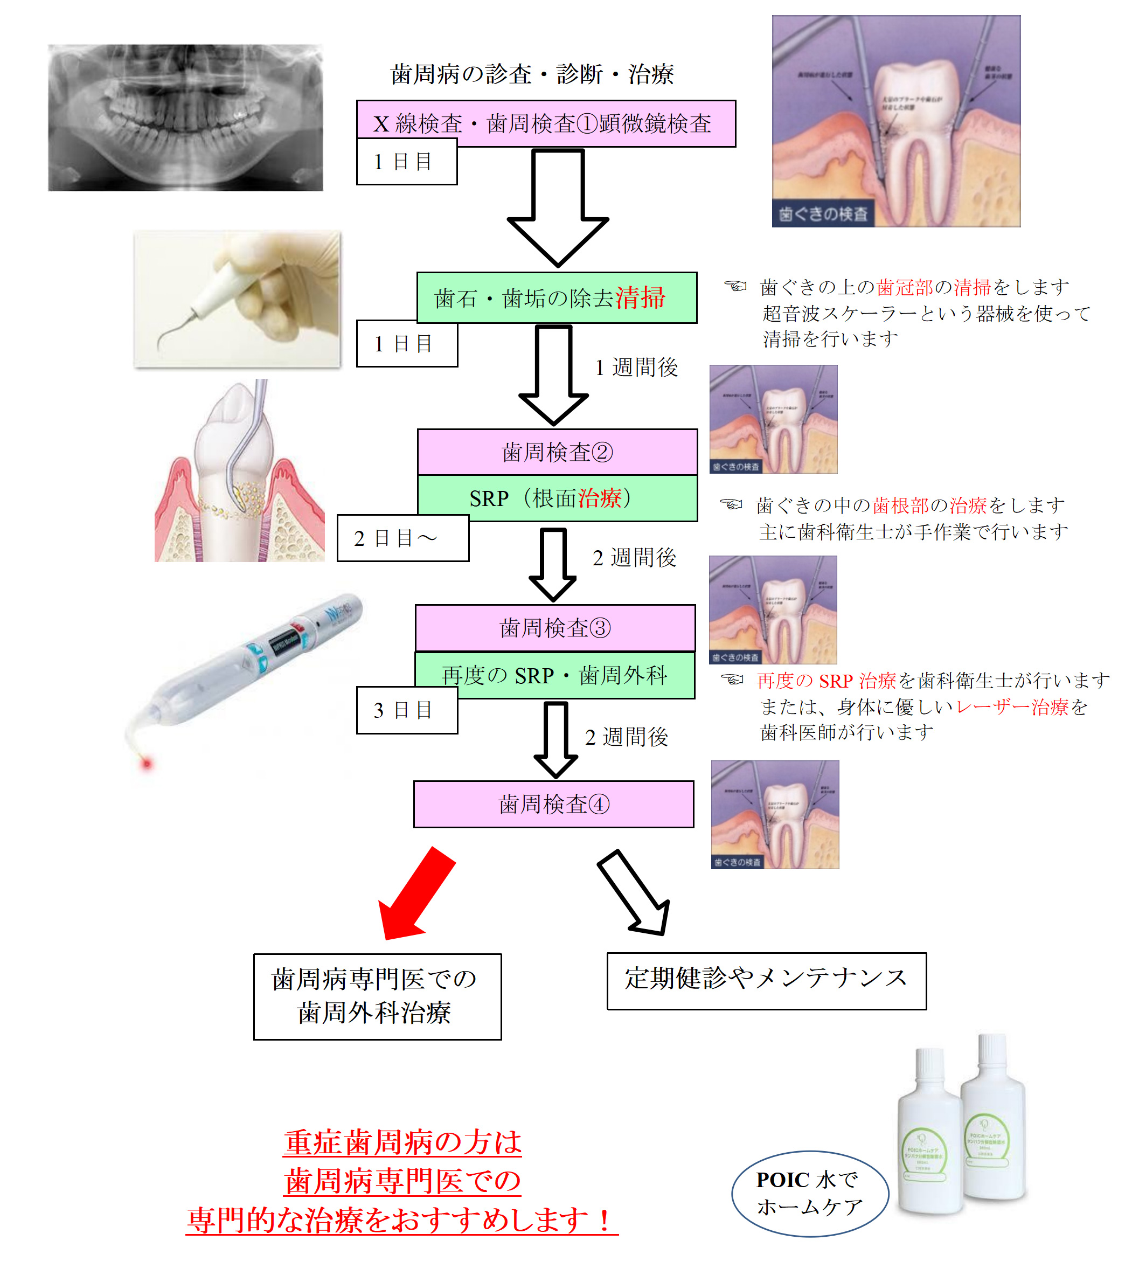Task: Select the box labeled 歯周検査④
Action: (554, 804)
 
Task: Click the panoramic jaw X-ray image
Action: (186, 117)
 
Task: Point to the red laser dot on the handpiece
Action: (147, 763)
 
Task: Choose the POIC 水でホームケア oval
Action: (810, 1193)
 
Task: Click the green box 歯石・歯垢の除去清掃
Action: (557, 297)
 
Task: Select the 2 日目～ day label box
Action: (403, 538)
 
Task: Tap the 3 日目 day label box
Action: (407, 710)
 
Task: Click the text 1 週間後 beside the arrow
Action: (636, 368)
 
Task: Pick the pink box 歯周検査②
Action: (557, 452)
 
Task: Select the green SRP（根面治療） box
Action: (557, 498)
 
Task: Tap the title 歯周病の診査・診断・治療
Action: (532, 74)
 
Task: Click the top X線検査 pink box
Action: (546, 123)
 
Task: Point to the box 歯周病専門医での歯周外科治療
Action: (377, 996)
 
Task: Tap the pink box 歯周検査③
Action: (555, 627)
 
